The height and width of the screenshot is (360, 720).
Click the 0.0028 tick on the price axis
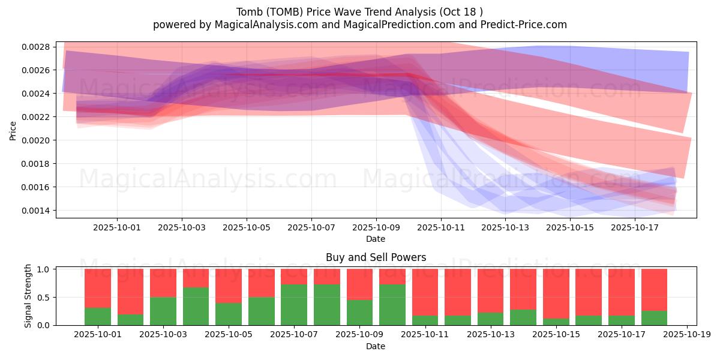(x=35, y=47)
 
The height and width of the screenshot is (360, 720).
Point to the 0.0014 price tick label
(x=35, y=211)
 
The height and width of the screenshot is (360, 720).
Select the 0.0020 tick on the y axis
(x=35, y=140)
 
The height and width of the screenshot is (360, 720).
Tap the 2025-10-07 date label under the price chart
(x=311, y=227)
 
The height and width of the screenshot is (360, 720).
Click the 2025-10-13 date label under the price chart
(x=505, y=227)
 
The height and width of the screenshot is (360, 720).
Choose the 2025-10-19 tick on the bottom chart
(x=687, y=335)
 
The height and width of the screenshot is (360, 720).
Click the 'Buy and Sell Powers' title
(x=376, y=257)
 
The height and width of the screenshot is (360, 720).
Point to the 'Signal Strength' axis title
(x=28, y=296)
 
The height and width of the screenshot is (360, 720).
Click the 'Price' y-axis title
(x=13, y=131)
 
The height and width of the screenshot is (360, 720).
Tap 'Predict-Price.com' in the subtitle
(x=524, y=25)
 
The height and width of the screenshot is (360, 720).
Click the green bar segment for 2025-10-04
(x=196, y=306)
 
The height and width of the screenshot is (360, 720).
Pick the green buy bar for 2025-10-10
(x=392, y=305)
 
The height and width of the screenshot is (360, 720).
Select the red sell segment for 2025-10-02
(x=131, y=292)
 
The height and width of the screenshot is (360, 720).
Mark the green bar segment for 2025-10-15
(x=556, y=322)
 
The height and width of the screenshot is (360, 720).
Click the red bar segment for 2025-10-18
(x=654, y=290)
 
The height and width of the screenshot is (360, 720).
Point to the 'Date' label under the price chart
(x=376, y=239)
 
